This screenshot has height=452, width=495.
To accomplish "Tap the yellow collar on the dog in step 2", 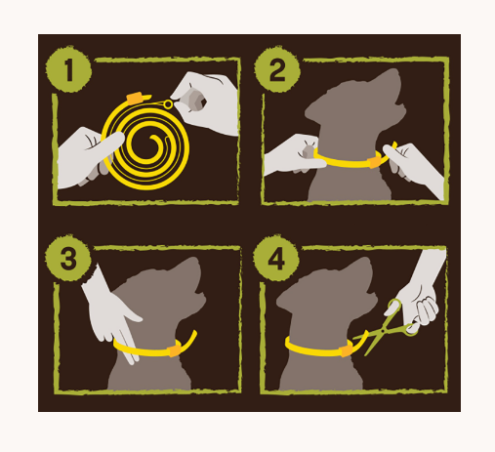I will coord(351,159).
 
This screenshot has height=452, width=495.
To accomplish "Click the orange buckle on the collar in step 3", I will coord(175,347).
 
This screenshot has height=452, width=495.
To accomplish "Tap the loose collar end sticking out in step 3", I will coord(189,337).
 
